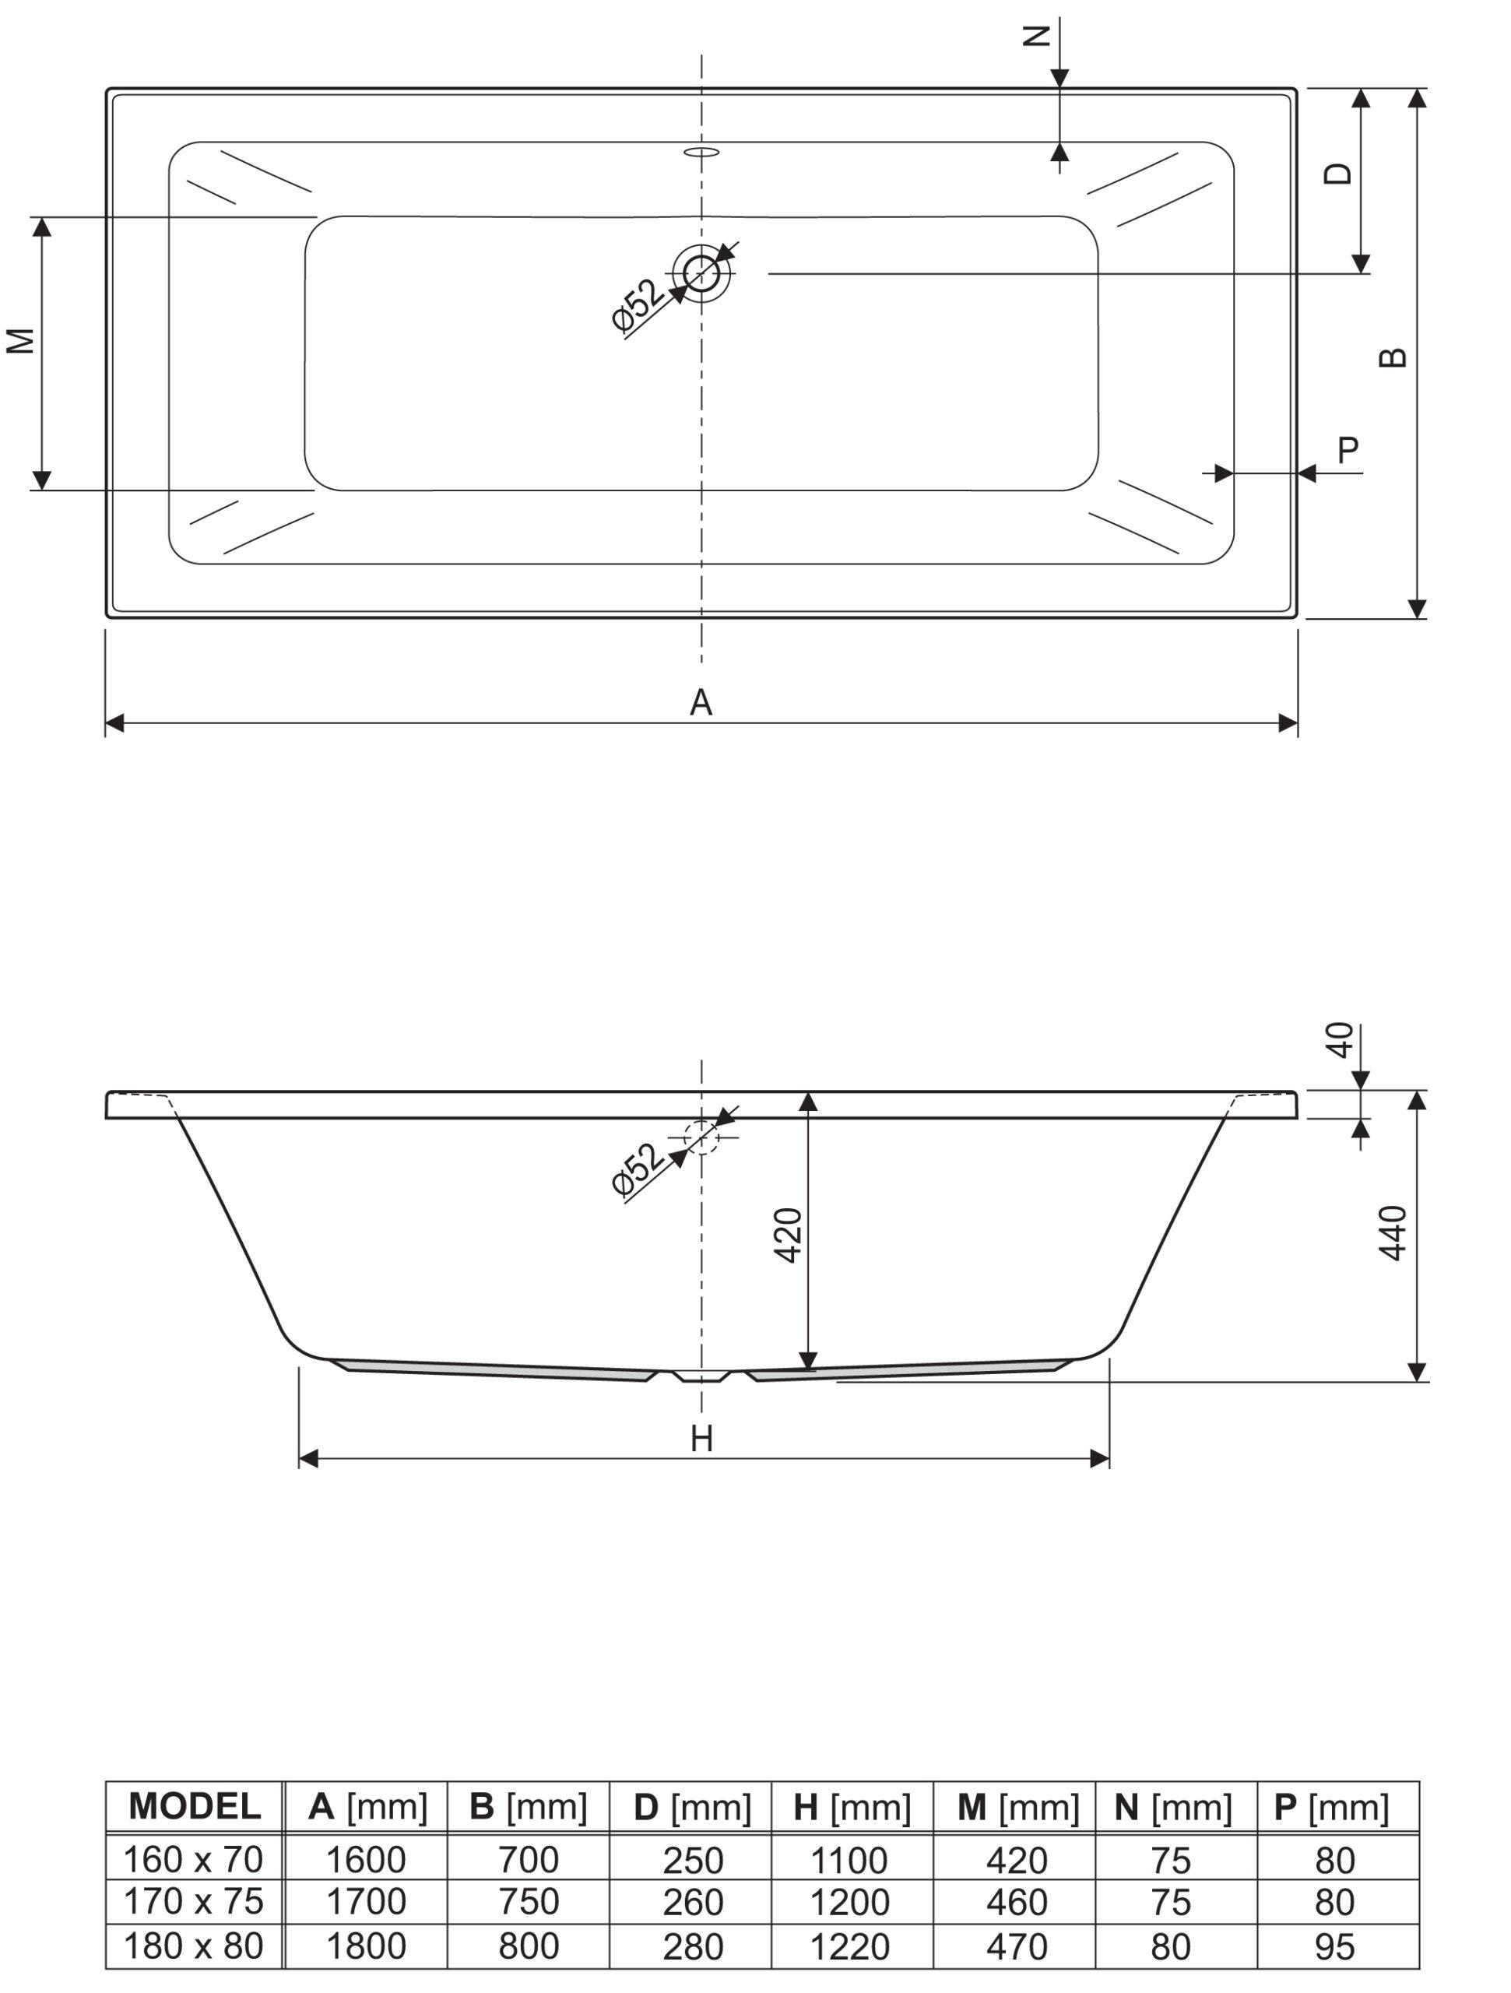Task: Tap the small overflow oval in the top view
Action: pyautogui.click(x=702, y=151)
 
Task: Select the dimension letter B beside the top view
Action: pyautogui.click(x=1393, y=357)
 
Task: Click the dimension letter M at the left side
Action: pyautogui.click(x=21, y=340)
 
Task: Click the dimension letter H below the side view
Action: pyautogui.click(x=702, y=1439)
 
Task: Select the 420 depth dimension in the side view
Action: pyautogui.click(x=789, y=1236)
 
